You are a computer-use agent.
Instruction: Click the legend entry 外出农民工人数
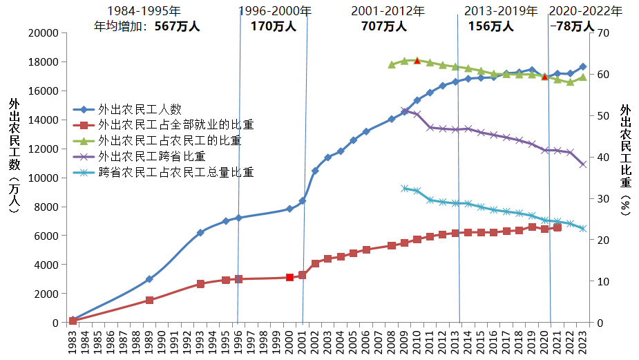click(140, 109)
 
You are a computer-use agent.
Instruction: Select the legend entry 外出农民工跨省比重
click(152, 156)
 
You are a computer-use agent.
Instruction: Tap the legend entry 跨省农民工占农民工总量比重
click(176, 172)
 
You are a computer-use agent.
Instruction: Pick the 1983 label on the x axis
click(73, 342)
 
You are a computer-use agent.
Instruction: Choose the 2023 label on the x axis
click(582, 342)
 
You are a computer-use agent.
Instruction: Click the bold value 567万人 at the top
click(178, 26)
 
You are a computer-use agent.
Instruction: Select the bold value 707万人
click(384, 26)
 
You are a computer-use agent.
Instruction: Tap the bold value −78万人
click(571, 26)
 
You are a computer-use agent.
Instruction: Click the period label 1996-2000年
click(275, 11)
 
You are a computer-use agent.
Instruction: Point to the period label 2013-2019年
click(501, 11)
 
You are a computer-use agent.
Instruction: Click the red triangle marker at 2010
click(417, 61)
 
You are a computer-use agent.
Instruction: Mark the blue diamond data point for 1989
click(149, 279)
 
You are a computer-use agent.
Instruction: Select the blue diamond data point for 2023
click(582, 67)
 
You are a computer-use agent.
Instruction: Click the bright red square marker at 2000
click(289, 277)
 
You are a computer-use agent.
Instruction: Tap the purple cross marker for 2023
click(582, 164)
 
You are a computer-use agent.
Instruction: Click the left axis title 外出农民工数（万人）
click(15, 155)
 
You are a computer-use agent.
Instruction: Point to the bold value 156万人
click(491, 26)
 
